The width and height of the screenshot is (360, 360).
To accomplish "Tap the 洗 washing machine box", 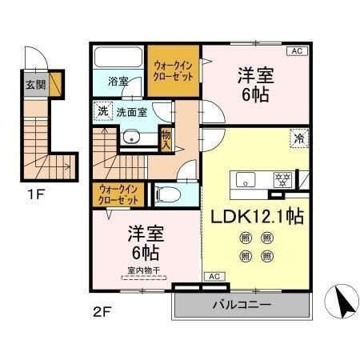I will [x=102, y=112].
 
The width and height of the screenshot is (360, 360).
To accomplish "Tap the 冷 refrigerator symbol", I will [x=298, y=137].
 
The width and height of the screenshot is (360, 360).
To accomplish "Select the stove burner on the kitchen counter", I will [x=281, y=178].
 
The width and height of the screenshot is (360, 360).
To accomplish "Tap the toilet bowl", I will [x=169, y=194].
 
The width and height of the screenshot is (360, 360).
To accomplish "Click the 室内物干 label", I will [x=144, y=270].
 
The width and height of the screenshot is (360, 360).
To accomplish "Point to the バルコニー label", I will [x=240, y=305].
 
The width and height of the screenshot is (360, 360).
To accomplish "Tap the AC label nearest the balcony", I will [x=214, y=276].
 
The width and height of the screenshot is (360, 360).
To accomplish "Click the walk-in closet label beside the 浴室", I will [x=170, y=71].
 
